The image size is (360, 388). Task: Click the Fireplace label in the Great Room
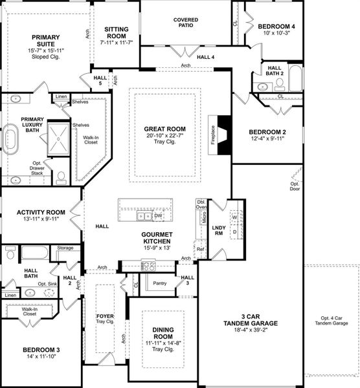(213, 135)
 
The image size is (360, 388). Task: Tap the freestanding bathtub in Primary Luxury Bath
(10, 139)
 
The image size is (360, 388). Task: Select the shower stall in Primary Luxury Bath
(58, 139)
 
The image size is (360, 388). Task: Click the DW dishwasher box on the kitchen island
(158, 216)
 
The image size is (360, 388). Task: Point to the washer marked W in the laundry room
(234, 217)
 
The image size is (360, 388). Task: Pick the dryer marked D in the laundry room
(234, 232)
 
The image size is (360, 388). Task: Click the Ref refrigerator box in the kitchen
(200, 249)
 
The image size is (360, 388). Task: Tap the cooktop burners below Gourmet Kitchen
(148, 266)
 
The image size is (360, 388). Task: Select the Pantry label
(159, 283)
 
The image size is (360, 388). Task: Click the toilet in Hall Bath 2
(280, 84)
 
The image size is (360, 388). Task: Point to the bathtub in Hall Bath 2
(296, 78)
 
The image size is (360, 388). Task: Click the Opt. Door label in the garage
(295, 186)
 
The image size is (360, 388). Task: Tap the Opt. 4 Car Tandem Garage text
(332, 321)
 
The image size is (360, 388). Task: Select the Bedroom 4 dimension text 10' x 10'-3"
(276, 33)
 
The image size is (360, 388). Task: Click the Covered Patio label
(186, 23)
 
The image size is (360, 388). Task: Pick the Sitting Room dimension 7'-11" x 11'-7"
(117, 42)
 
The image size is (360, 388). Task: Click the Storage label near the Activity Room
(65, 248)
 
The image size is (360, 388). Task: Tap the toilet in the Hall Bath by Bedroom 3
(10, 252)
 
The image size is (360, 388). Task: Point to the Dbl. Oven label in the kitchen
(201, 204)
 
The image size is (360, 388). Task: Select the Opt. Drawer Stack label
(37, 168)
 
